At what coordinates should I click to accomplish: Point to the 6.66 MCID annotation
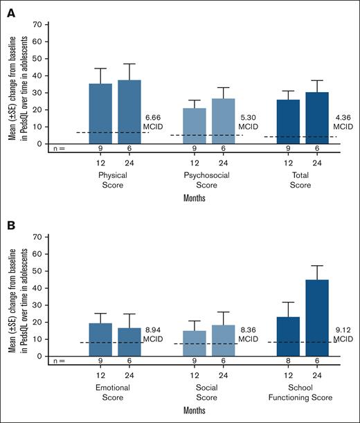[x=153, y=122]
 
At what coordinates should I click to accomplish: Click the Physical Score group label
[x=114, y=180]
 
